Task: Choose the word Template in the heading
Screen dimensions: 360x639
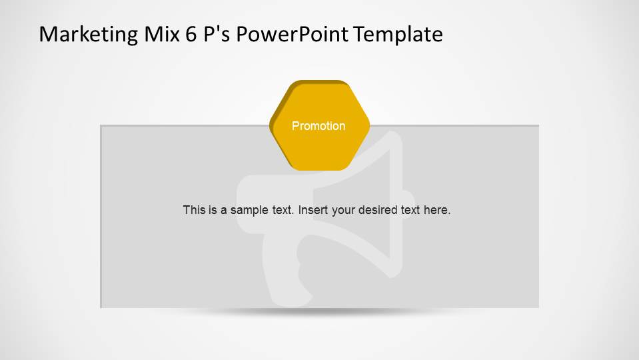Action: (398, 33)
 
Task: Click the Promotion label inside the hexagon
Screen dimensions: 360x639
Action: (319, 126)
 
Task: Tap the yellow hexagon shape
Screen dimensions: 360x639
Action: (320, 150)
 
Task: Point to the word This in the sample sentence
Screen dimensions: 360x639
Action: (194, 210)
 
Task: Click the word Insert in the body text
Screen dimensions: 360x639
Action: (313, 210)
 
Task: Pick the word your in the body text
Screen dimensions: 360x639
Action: (343, 210)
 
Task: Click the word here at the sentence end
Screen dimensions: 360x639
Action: (437, 210)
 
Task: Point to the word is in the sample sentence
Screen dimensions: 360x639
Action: (213, 210)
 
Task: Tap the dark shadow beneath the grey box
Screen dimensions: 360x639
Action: (320, 311)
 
